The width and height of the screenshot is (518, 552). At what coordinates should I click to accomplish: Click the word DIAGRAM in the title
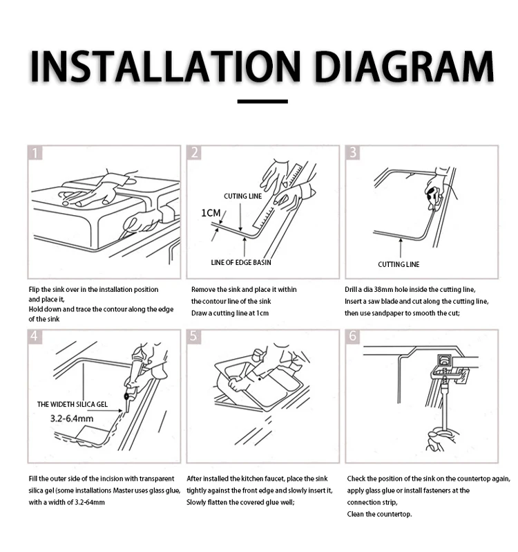404,66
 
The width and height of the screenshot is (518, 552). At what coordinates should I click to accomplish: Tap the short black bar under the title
262,102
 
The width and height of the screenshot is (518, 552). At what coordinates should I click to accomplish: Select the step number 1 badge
35,153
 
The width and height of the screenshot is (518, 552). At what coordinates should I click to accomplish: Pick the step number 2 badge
194,153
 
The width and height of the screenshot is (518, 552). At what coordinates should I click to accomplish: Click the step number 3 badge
353,153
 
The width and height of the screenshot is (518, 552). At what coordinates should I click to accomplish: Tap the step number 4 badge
35,337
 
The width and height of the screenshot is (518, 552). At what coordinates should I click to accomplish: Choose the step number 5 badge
194,337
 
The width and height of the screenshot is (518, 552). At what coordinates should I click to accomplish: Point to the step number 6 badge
353,337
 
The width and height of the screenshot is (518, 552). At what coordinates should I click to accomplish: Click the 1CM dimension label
211,213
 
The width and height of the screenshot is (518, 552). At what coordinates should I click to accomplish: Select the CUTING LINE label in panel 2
243,196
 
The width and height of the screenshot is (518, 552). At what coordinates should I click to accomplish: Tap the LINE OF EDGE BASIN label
241,262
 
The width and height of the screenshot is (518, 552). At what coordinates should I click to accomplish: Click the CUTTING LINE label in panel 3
399,264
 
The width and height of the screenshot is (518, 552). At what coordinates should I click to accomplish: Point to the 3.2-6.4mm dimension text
72,418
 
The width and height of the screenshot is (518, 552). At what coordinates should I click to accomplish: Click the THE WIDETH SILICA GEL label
73,404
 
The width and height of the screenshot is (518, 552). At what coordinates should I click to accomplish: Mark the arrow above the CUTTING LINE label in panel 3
401,248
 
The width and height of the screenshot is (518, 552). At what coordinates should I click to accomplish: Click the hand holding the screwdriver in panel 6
441,439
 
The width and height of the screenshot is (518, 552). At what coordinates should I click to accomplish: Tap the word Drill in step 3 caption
350,289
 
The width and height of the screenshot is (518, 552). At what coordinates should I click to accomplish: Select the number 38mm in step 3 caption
383,289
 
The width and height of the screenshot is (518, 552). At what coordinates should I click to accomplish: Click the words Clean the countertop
379,514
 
